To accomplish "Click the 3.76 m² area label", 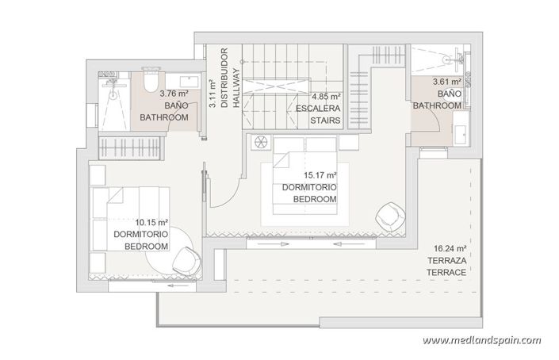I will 157,92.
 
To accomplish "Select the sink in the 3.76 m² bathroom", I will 189,80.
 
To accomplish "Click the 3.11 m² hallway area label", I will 212,92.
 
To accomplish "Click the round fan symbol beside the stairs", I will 258,144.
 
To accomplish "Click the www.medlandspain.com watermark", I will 483,340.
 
